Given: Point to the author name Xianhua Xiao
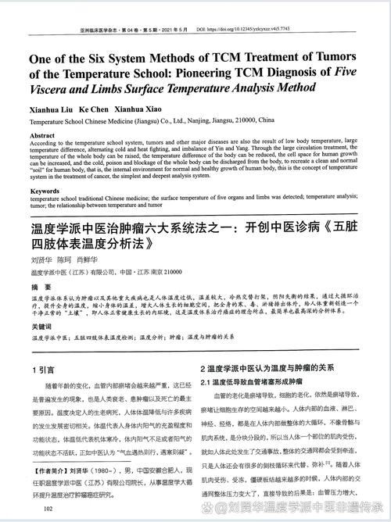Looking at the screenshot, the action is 142,108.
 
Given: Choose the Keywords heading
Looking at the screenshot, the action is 45,191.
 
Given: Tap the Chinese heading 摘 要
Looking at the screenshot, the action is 41,288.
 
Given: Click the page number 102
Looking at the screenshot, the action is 48,509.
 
